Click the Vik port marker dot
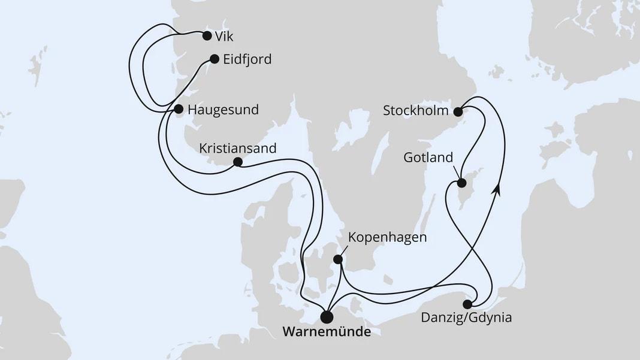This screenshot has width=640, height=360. pos(207,35)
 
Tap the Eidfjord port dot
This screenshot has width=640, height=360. pos(214,59)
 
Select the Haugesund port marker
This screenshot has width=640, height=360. pos(178,109)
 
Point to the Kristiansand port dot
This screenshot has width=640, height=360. pos(237,162)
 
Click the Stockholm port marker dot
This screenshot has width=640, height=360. pos(458,111)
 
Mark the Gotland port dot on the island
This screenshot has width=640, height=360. pos(461,183)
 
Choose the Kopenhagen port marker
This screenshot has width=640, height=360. pos(338,259)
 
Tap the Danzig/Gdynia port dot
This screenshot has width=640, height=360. pos(467,304)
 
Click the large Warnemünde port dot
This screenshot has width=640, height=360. pos(327,317)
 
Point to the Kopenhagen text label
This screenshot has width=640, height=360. pos(388,238)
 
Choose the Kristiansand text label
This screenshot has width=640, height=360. pos(239,147)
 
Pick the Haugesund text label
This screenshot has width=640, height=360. pos(223,110)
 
